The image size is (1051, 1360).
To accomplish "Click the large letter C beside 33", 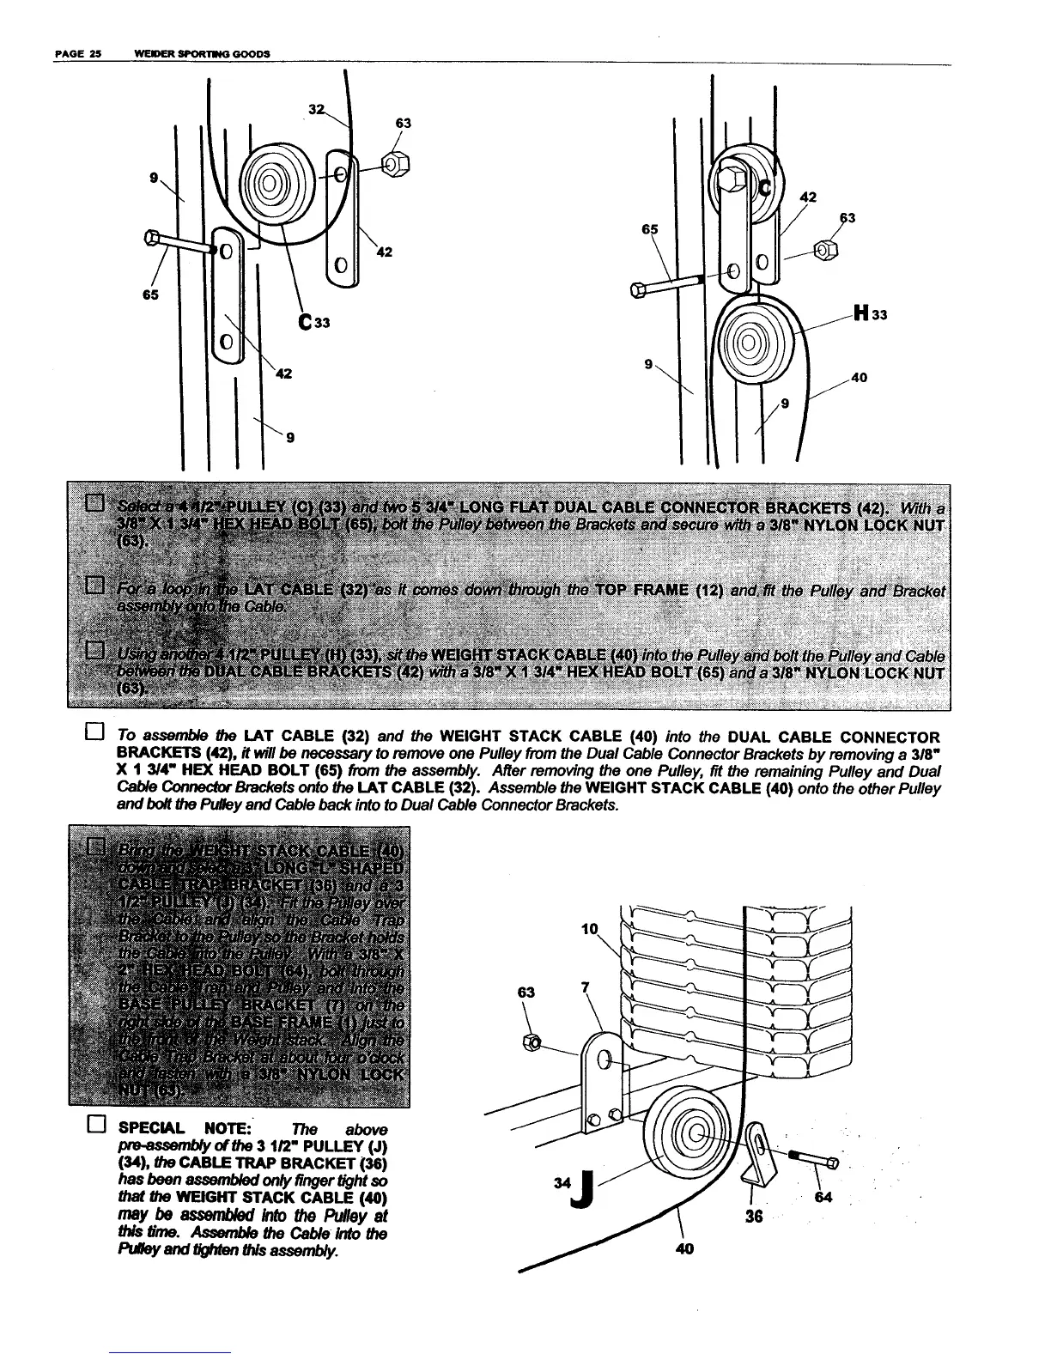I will [304, 324].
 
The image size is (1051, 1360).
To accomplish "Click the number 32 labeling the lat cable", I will [316, 109].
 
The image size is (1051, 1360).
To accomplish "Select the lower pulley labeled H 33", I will [747, 344].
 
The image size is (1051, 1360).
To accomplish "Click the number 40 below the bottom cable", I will [684, 1248].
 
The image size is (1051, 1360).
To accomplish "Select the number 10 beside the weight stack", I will [589, 929].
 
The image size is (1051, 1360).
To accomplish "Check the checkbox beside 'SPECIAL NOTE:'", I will [95, 1127].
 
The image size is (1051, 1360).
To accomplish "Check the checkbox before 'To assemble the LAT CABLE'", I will [95, 735].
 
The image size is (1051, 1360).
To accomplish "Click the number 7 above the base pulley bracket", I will [586, 987].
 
